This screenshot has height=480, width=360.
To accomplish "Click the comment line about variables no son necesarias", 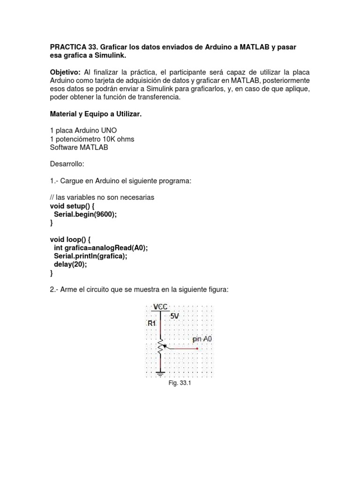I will click(x=102, y=197).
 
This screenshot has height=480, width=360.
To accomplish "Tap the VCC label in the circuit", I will click(x=160, y=307).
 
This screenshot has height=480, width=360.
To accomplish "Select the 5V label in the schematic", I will click(x=174, y=316).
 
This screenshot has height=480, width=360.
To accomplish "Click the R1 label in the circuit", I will click(x=152, y=323).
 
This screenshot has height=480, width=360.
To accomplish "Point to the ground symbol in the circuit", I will click(x=161, y=374).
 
